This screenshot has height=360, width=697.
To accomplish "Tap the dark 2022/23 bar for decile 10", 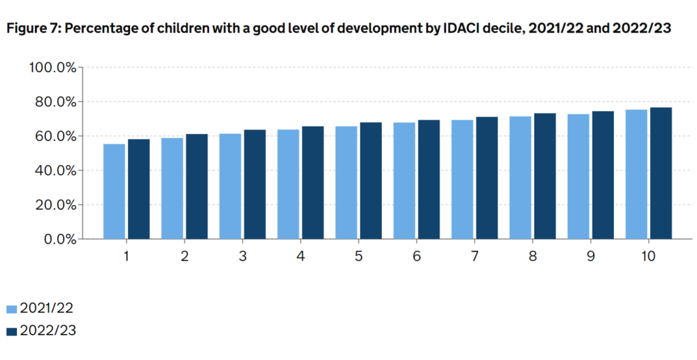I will [661, 173].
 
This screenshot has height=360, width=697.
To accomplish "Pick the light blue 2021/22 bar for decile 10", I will [636, 174].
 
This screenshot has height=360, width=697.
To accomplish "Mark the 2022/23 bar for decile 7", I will [487, 178].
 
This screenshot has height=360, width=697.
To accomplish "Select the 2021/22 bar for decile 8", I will [520, 178].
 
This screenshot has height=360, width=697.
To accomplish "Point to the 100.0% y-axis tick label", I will [52, 67].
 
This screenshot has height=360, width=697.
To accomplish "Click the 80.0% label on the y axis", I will [55, 102].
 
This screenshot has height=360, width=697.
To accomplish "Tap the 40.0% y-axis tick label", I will [55, 170].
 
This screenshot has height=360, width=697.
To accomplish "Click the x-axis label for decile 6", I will [417, 257].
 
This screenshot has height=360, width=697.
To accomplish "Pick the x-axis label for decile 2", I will [184, 257].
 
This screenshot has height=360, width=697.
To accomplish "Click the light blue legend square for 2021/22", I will [11, 310].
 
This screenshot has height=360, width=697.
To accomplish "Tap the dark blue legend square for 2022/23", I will [11, 331].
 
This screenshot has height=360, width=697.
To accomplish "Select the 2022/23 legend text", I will [48, 331].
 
